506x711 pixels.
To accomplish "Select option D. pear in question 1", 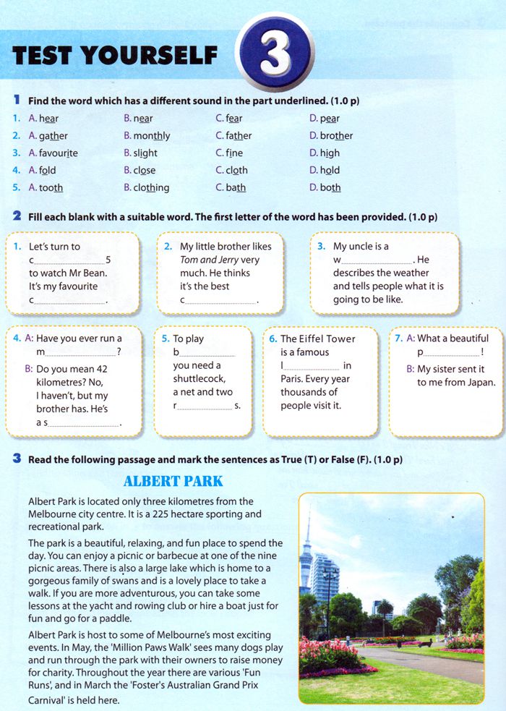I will tap(325, 119).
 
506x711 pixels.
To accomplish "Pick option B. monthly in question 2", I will tap(147, 136).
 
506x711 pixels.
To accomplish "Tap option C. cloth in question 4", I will tap(231, 171).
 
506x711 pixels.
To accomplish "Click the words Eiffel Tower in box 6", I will tap(326, 339).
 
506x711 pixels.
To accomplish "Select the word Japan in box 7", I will tap(480, 383).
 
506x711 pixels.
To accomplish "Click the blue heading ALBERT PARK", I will tap(173, 481).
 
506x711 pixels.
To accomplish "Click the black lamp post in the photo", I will tap(329, 593).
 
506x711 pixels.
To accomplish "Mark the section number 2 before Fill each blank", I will tap(16, 217).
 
